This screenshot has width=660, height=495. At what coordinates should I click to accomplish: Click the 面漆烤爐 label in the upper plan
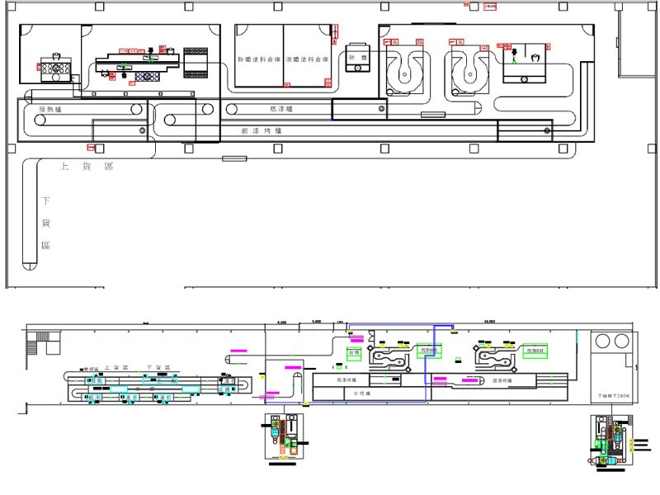(x=262, y=130)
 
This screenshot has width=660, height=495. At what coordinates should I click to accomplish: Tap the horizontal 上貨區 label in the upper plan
(x=86, y=167)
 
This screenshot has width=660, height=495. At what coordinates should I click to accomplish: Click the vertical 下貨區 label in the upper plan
(x=46, y=223)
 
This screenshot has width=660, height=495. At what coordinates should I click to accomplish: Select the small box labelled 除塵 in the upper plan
(x=357, y=58)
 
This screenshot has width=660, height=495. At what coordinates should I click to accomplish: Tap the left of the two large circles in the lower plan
(x=603, y=341)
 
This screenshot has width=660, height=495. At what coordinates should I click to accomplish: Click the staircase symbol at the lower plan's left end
(x=38, y=337)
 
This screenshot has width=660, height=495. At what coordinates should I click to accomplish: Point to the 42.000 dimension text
(x=489, y=321)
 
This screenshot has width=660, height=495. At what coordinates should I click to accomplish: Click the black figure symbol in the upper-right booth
(x=514, y=55)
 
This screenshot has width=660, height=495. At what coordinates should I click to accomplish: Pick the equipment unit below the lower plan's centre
(x=283, y=435)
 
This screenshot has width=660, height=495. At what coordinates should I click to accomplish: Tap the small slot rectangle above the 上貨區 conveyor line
(x=229, y=158)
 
